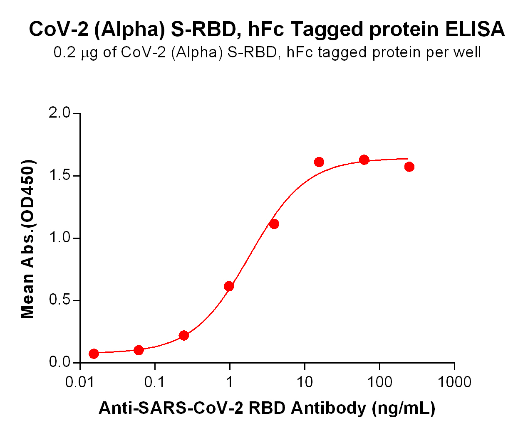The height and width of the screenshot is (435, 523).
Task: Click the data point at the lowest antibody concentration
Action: click(x=94, y=354)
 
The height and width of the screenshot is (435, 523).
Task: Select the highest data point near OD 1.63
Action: click(x=364, y=160)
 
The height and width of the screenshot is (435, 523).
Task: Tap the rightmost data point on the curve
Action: click(x=409, y=167)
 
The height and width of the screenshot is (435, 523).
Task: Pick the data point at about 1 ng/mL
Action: click(x=229, y=286)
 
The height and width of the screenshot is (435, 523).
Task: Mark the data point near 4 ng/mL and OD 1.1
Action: click(x=274, y=224)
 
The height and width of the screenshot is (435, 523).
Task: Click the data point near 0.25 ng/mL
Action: click(x=184, y=335)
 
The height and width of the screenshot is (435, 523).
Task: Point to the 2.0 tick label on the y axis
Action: click(x=60, y=113)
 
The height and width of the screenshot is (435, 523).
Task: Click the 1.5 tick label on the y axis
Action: click(x=60, y=176)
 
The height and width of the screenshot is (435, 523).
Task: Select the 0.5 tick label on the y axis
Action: click(x=60, y=300)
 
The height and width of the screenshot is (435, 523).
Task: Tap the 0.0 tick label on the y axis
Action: click(x=60, y=362)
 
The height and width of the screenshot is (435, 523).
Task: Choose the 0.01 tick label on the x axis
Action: click(x=80, y=382)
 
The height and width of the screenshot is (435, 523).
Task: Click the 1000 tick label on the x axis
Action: click(x=454, y=382)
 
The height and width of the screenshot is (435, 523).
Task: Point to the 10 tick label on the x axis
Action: click(x=305, y=382)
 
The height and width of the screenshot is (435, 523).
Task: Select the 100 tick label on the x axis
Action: click(x=379, y=382)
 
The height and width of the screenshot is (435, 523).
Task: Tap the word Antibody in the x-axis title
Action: click(x=328, y=408)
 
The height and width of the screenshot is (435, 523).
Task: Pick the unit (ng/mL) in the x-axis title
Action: click(x=404, y=408)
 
